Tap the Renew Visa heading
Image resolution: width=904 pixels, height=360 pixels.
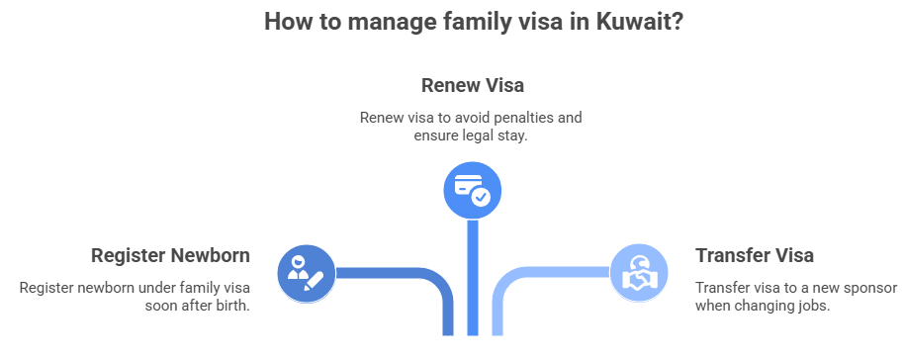[x=472, y=85]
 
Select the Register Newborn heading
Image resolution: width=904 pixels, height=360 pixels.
[x=170, y=255]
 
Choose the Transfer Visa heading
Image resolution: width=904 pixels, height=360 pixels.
[x=755, y=255]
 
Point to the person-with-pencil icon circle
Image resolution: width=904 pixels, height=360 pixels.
[x=306, y=271]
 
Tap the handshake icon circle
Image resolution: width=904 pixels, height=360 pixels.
[x=638, y=272]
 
